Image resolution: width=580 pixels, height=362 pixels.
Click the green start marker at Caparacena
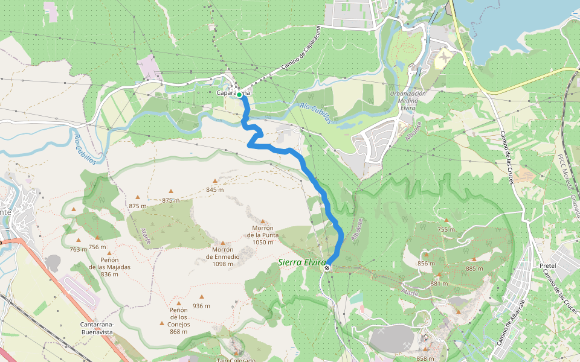239,95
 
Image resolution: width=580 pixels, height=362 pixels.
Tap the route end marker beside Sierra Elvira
327,267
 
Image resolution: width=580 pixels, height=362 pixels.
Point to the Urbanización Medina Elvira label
408,98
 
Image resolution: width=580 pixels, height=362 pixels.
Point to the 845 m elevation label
215,189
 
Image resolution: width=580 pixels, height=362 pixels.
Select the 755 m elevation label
446,229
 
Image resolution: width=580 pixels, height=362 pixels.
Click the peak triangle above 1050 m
262,221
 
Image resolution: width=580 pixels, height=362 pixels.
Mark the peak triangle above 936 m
202,296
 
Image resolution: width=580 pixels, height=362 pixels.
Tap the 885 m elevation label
474,268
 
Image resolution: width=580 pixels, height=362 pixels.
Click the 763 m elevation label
79,249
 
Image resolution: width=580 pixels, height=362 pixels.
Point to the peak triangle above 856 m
426,254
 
